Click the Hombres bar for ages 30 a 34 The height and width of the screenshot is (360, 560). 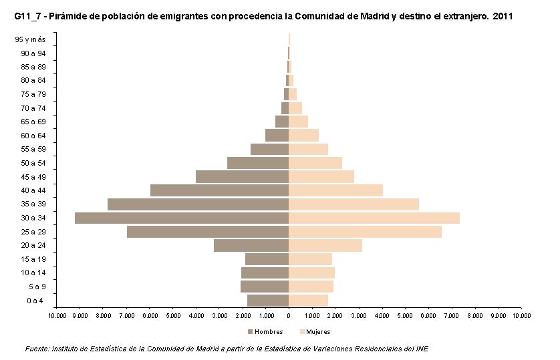tap(182, 218)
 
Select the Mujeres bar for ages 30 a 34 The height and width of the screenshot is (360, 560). tap(374, 218)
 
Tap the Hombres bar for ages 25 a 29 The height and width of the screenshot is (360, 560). tap(208, 232)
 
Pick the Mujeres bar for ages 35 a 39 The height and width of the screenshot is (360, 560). tap(354, 204)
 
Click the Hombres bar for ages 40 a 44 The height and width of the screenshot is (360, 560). tap(219, 190)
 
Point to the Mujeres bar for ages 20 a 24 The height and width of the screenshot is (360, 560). tap(325, 245)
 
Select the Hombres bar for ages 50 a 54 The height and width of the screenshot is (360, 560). tap(258, 163)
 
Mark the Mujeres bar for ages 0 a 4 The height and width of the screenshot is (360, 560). tap(309, 301)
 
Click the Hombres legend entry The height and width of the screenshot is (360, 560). tap(265, 331)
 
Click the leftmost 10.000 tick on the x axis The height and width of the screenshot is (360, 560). tap(57, 315)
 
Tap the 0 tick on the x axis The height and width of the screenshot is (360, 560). tap(289, 315)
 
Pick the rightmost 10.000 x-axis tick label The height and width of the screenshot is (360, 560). tap(521, 315)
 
